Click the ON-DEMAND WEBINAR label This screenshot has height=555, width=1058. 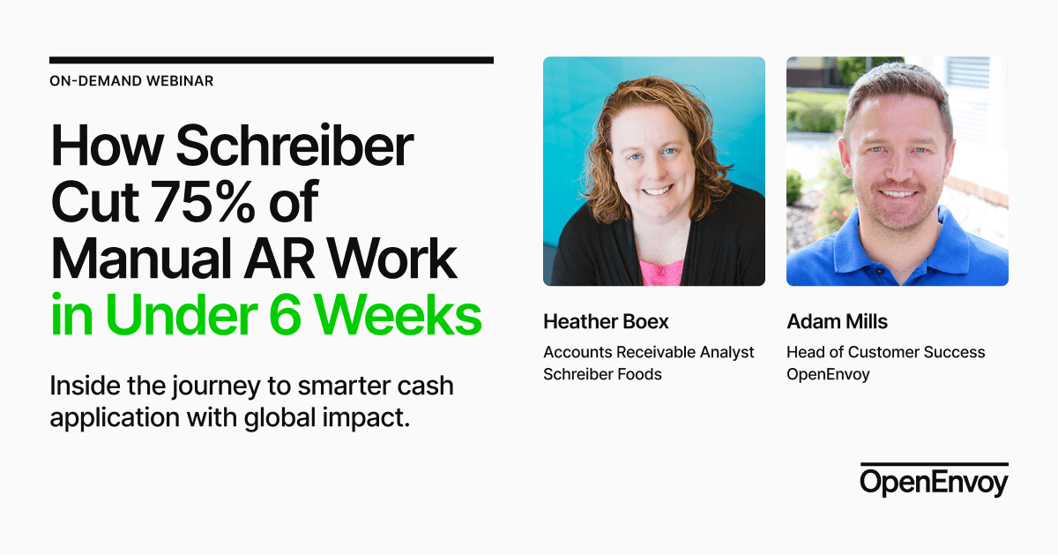click(x=131, y=81)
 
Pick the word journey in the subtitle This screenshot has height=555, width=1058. click(x=228, y=387)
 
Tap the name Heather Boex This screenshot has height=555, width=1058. click(x=606, y=321)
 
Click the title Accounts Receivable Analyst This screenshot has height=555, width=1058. click(x=648, y=352)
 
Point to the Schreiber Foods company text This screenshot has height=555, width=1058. click(x=602, y=374)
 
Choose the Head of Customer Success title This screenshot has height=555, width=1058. click(x=885, y=352)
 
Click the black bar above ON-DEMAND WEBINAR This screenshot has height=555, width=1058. click(x=272, y=60)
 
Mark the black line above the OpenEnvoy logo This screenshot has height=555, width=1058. click(x=934, y=463)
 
